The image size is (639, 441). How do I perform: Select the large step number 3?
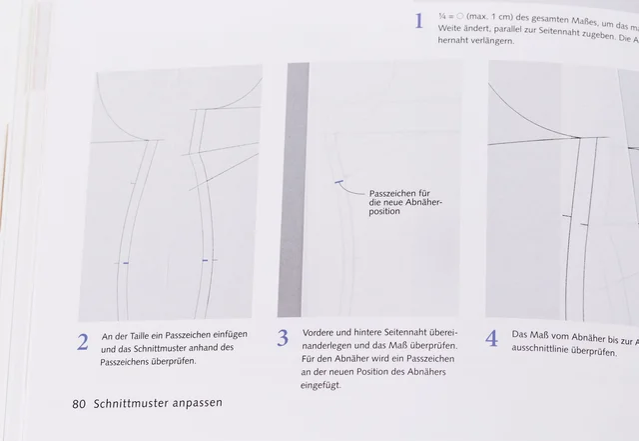(283, 339)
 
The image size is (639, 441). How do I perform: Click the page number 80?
(80, 404)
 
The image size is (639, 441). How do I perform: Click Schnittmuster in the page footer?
(127, 404)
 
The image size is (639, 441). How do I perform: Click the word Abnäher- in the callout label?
(418, 201)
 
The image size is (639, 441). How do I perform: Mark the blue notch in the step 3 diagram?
(338, 182)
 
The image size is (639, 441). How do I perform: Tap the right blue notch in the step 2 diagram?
(205, 260)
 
